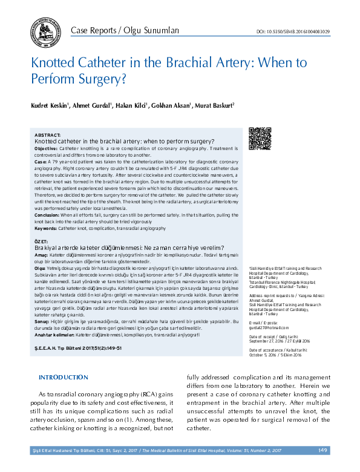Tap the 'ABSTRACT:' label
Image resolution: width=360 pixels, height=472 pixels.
[x=48, y=135]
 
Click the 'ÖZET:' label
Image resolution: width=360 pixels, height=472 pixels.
[x=42, y=241]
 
